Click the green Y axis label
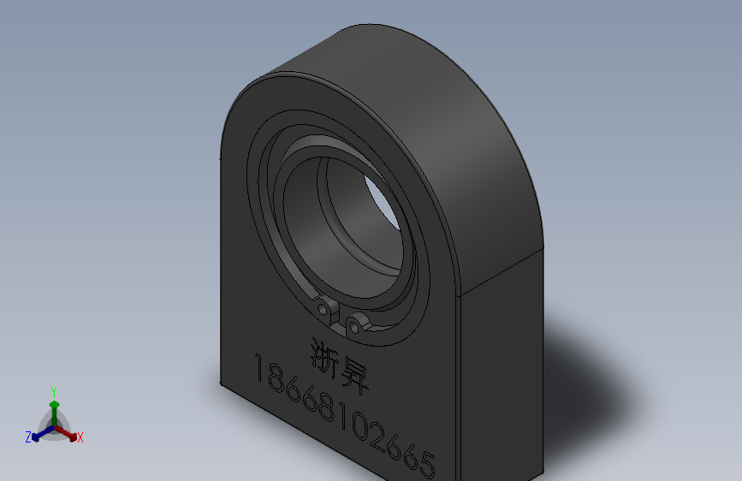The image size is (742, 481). pyautogui.click(x=54, y=389)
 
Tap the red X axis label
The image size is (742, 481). pyautogui.click(x=80, y=438)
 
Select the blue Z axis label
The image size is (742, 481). pyautogui.click(x=28, y=437)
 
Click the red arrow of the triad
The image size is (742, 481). pyautogui.click(x=68, y=433)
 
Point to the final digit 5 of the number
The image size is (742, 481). pyautogui.click(x=426, y=464)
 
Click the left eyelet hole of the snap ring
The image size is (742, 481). pyautogui.click(x=323, y=307)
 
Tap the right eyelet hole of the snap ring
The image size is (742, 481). pyautogui.click(x=354, y=324)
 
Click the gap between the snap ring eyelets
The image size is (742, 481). pyautogui.click(x=338, y=316)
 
